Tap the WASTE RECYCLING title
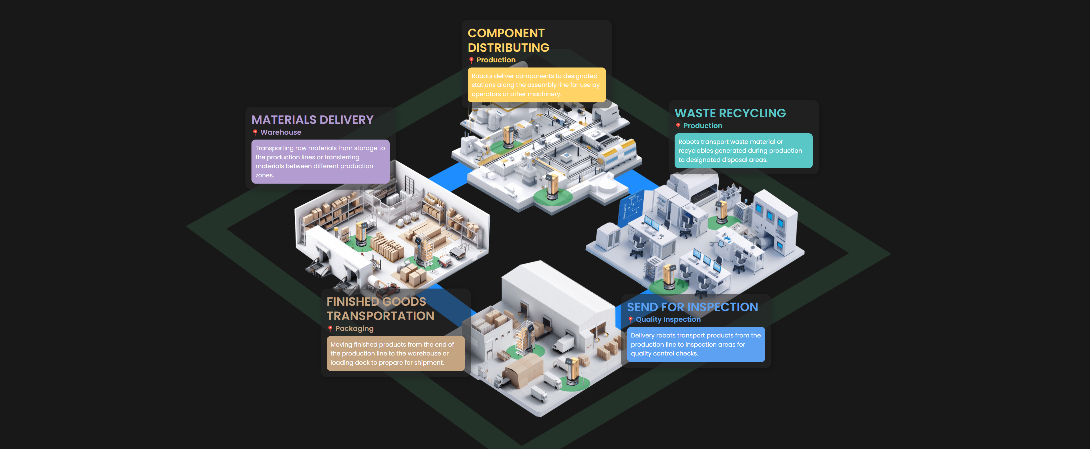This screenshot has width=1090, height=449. point(730,113)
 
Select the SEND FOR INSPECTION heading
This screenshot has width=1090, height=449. point(692,307)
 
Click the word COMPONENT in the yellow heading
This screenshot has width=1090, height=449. point(506,33)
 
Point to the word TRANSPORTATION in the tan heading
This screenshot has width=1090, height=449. point(380,316)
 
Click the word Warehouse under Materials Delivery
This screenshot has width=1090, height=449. point(281,132)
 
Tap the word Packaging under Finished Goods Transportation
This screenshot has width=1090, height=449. point(354,329)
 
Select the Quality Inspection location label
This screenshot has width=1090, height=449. point(668,319)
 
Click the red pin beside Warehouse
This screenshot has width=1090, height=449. point(255,132)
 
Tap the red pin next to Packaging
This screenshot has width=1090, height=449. point(330,329)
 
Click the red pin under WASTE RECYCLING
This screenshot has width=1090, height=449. point(678,126)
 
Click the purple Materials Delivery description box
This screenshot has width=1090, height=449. point(320,162)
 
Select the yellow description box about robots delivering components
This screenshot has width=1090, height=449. point(536,85)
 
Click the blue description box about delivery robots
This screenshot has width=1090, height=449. point(696,344)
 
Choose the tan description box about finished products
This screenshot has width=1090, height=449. point(395,353)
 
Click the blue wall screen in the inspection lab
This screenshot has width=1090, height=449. point(631,207)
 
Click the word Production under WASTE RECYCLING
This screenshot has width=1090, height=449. point(702,126)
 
